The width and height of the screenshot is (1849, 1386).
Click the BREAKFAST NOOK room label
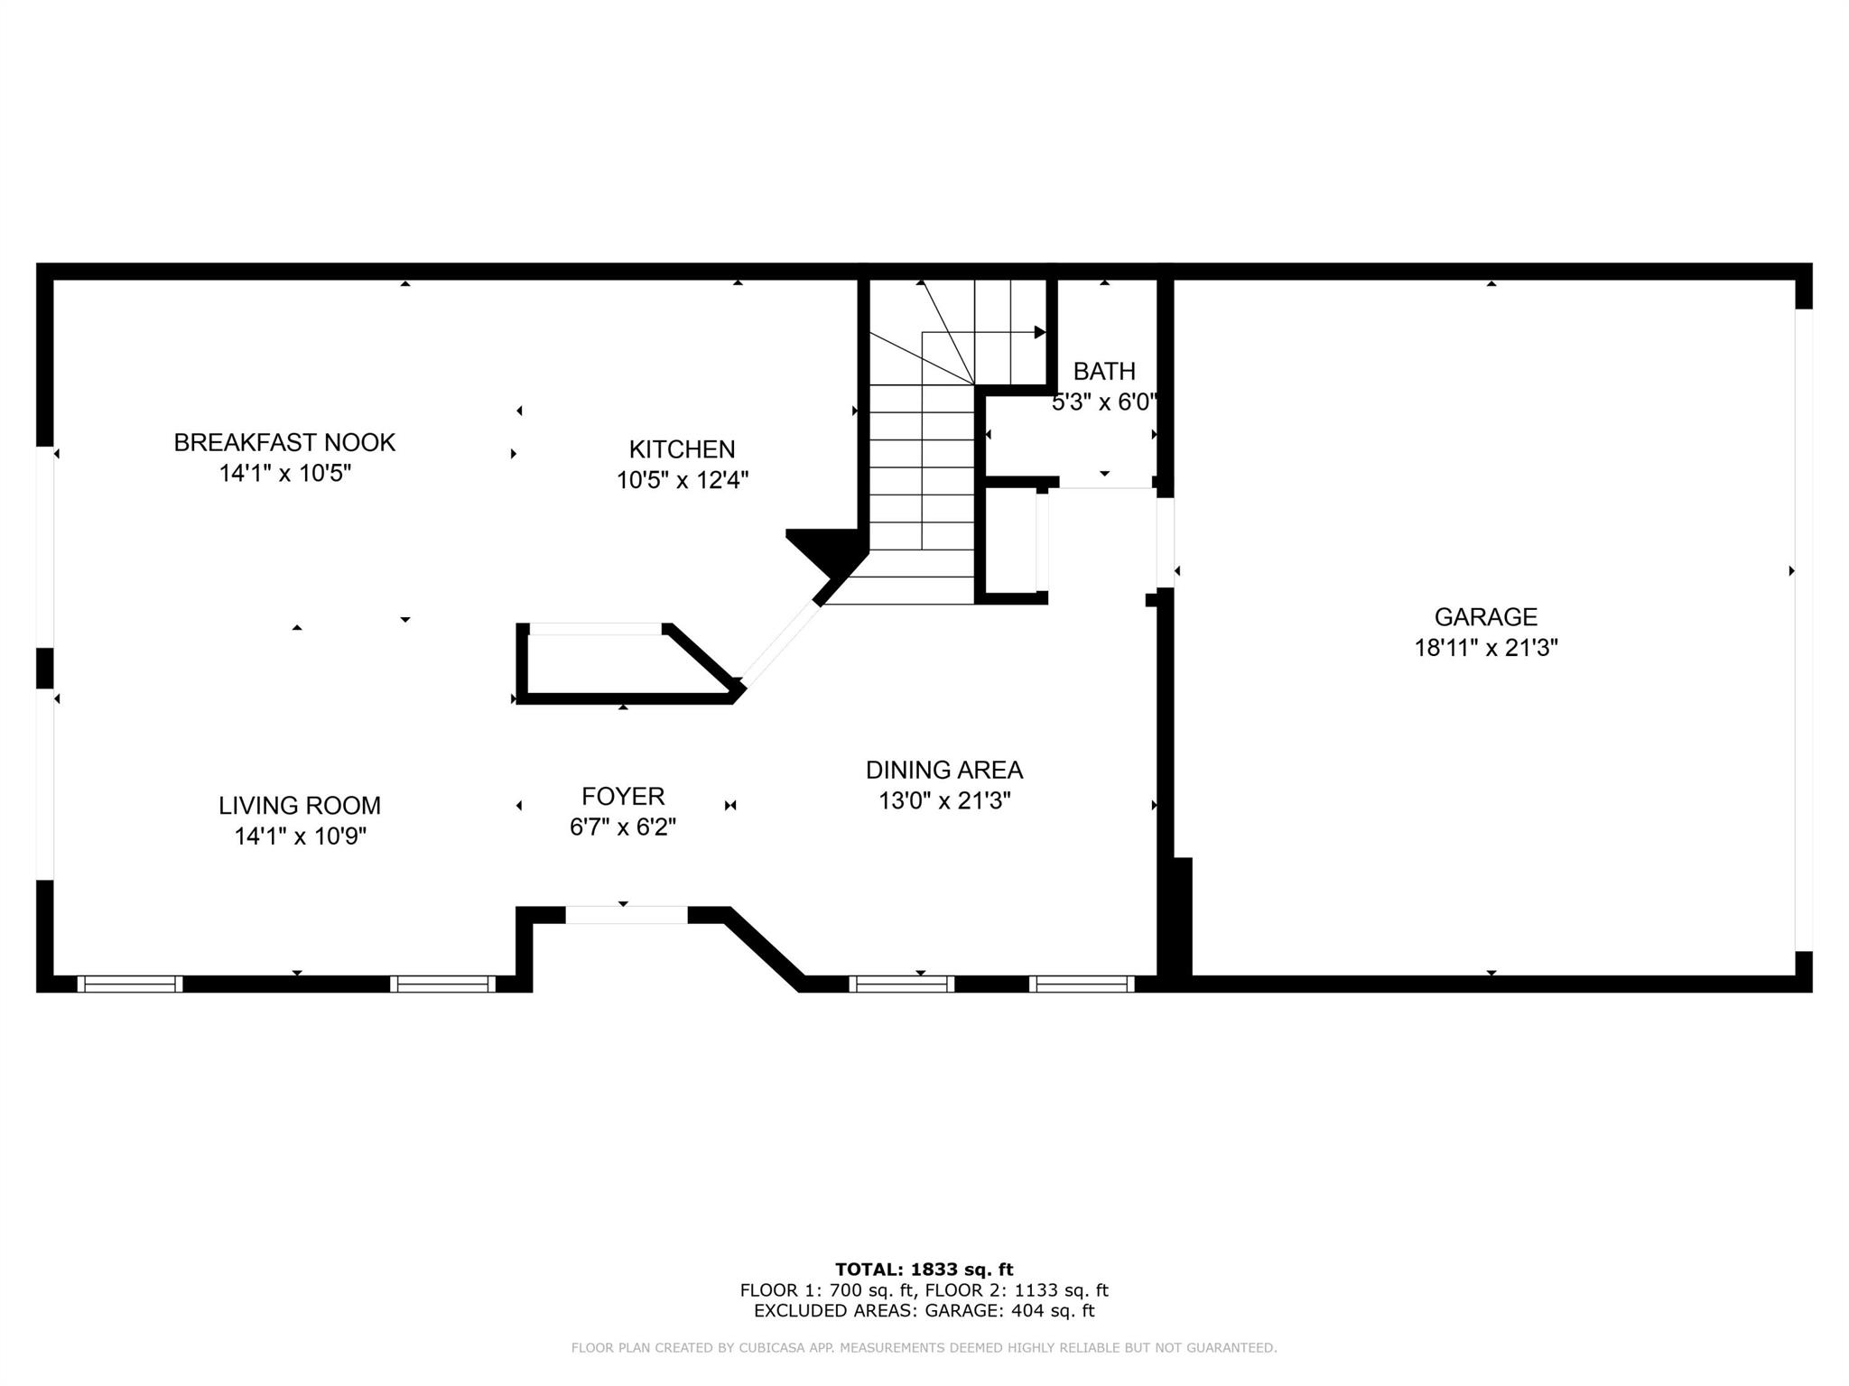point(284,443)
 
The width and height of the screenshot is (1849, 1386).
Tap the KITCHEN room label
point(682,449)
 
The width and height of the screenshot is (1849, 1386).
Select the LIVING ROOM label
point(300,806)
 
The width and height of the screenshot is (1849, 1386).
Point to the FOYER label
point(623,797)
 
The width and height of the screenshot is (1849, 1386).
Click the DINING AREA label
point(944,771)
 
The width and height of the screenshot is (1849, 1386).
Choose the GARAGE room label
point(1486,617)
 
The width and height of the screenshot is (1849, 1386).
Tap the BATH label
point(1104,372)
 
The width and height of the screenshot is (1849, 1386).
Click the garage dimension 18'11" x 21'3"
point(1486,648)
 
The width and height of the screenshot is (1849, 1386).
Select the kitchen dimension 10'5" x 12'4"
point(683,480)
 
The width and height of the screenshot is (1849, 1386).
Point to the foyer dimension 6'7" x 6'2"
point(623,827)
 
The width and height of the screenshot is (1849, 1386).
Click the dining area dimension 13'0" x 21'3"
point(944,801)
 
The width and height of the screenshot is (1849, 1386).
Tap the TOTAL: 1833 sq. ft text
point(924,1270)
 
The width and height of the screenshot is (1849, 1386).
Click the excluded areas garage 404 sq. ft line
point(924,1311)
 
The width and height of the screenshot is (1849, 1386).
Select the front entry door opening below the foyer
point(627,915)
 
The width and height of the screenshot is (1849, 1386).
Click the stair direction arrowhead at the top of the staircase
point(1040,332)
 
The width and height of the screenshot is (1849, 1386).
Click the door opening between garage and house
point(1166,542)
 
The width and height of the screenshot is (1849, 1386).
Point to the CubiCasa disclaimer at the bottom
point(924,1348)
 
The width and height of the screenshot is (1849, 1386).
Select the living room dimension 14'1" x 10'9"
point(301,836)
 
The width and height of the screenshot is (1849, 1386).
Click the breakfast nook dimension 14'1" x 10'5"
point(285,474)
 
